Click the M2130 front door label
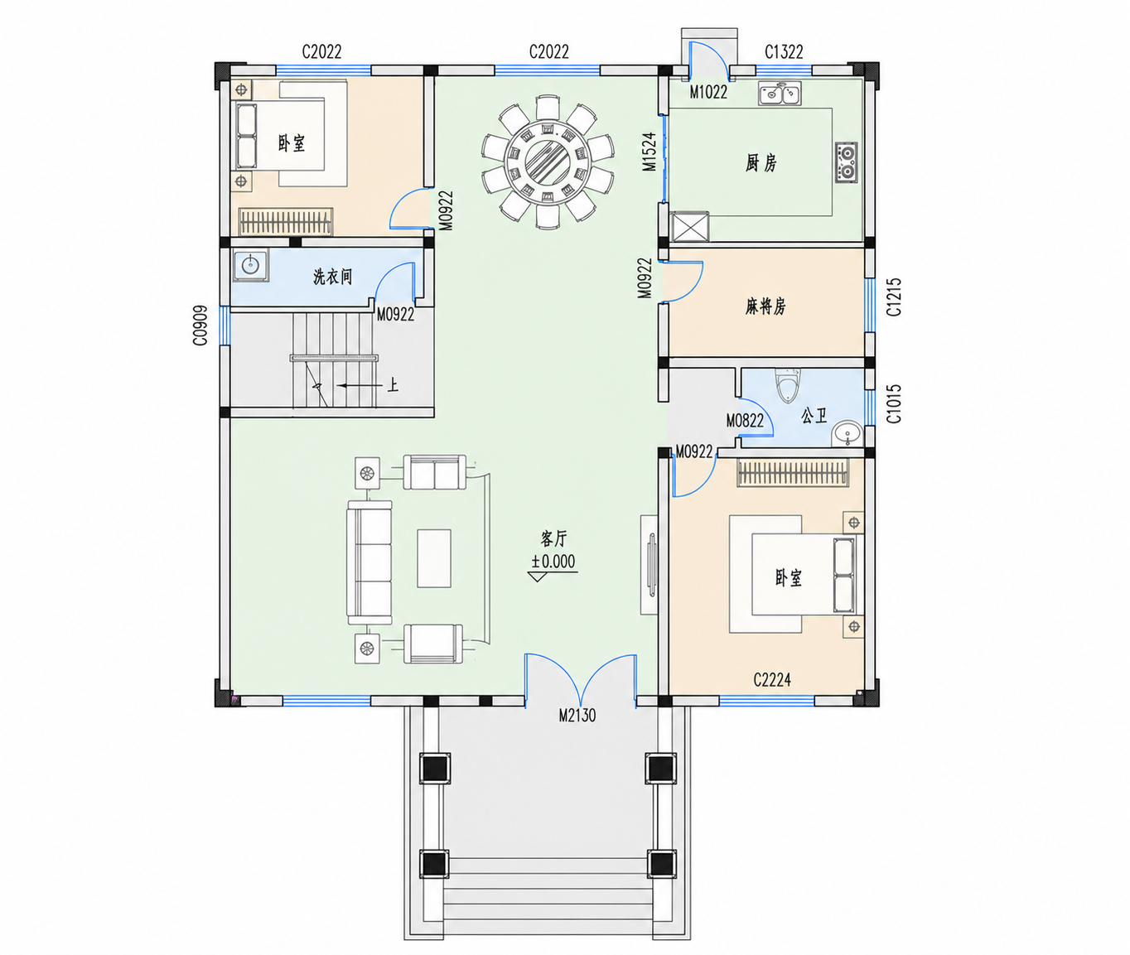[577, 716]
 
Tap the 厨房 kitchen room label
[761, 163]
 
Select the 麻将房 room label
[765, 306]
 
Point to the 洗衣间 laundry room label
[332, 277]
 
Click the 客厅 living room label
[553, 538]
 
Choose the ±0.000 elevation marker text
[553, 562]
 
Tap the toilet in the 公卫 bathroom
[788, 386]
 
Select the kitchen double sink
[780, 94]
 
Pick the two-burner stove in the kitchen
[847, 162]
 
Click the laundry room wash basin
[250, 266]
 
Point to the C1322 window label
[784, 52]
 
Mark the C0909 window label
[200, 326]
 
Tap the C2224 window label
[772, 680]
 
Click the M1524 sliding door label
[649, 152]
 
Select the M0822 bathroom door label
[745, 421]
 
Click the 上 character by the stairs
[393, 385]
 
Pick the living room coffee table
[434, 558]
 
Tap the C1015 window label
[893, 403]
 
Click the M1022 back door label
[708, 93]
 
